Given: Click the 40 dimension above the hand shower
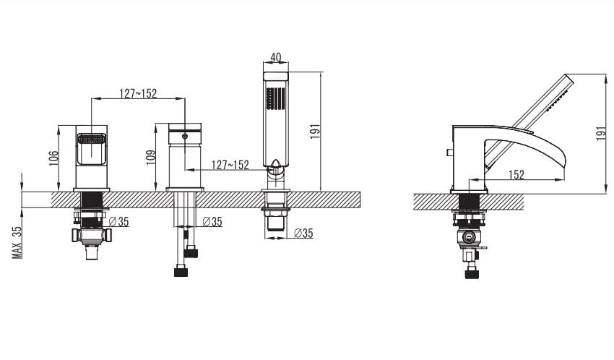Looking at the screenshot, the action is [x=276, y=58].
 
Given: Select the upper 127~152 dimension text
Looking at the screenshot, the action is [x=138, y=93].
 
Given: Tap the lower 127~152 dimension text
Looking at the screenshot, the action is [x=230, y=165].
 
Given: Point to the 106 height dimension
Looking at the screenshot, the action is [x=54, y=158].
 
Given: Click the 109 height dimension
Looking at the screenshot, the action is [x=151, y=158].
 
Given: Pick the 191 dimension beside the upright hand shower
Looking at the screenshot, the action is [x=315, y=132].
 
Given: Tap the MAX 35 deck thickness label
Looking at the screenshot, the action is [x=17, y=242].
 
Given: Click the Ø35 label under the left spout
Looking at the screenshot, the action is [x=118, y=222].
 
